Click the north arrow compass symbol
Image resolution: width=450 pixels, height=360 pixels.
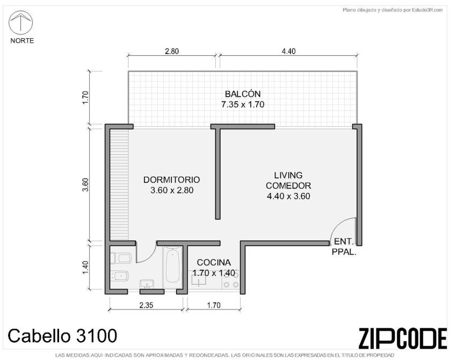click(x=20, y=23)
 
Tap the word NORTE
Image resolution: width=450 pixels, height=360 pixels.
click(x=22, y=41)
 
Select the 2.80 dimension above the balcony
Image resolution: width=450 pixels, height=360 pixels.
click(x=172, y=52)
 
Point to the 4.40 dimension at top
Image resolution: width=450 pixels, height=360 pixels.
click(x=288, y=52)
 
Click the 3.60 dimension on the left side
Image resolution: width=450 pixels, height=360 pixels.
click(x=85, y=185)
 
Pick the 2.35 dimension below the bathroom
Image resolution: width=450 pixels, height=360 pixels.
click(x=146, y=305)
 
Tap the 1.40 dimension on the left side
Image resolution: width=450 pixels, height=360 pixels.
click(x=85, y=268)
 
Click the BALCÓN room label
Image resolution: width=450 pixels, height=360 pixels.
click(x=243, y=94)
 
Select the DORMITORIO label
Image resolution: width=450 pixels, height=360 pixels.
click(x=172, y=179)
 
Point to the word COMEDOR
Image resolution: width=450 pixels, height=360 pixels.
click(x=288, y=186)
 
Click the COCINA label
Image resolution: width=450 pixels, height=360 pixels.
click(x=214, y=262)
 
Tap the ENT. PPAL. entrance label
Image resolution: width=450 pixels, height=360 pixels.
click(x=344, y=247)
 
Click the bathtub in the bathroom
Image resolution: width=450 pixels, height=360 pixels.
click(x=172, y=267)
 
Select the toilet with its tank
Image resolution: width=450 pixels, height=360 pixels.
click(x=121, y=258)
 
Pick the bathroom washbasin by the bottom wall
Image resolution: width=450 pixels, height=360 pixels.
click(x=147, y=284)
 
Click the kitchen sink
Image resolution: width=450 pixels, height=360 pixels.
click(x=199, y=280)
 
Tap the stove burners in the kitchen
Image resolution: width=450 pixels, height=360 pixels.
click(x=231, y=279)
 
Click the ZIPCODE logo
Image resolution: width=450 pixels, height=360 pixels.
click(x=403, y=339)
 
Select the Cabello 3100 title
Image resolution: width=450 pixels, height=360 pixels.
click(x=62, y=336)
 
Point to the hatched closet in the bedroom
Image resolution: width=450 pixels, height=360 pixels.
click(x=119, y=184)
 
